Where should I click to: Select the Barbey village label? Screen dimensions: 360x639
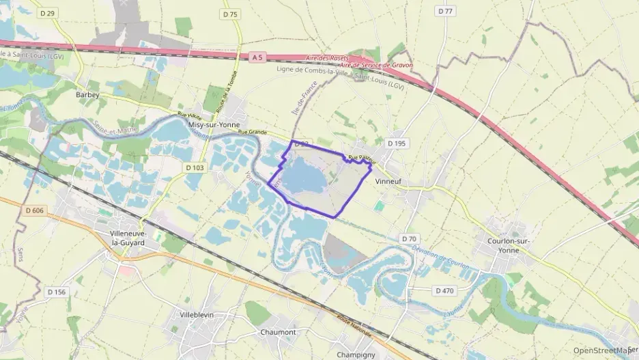[88, 96]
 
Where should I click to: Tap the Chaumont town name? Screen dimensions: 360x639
[278, 332]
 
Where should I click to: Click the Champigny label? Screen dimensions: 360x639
[356, 355]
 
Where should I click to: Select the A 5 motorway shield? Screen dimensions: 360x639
[257, 58]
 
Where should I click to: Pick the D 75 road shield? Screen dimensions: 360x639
[230, 14]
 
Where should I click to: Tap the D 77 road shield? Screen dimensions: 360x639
[445, 12]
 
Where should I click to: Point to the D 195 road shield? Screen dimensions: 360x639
[396, 143]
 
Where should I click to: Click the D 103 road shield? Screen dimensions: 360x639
[194, 167]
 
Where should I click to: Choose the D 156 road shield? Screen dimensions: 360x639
[57, 292]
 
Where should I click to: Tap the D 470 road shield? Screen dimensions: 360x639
[444, 290]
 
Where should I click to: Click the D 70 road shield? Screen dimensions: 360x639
[409, 238]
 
